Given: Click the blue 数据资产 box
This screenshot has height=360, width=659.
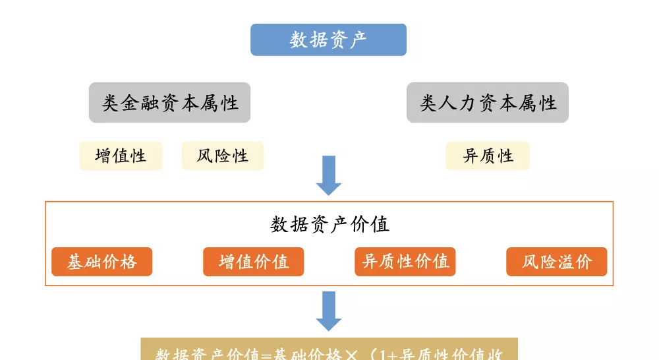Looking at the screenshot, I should (328, 40).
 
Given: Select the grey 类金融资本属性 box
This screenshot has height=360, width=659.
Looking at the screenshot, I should (169, 102).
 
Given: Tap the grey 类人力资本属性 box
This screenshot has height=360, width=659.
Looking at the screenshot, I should (488, 102).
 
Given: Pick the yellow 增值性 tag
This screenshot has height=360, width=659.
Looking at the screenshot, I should (121, 156).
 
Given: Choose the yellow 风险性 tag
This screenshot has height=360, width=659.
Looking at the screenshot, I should (222, 156).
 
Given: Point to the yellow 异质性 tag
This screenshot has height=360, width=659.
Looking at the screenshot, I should (488, 156).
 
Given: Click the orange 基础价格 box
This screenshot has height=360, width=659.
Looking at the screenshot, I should (102, 262).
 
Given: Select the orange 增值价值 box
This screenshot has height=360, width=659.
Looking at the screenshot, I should (254, 262).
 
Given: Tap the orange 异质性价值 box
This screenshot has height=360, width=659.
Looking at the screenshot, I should (405, 262).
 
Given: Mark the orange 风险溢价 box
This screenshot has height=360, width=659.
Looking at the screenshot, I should (557, 262).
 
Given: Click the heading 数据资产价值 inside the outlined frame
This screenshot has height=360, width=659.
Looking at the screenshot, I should (329, 224).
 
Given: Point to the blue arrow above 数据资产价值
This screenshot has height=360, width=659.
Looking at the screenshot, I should (329, 175).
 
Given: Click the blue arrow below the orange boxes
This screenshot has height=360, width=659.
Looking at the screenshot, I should (329, 311).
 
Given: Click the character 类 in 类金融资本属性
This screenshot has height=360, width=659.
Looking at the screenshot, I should (111, 103).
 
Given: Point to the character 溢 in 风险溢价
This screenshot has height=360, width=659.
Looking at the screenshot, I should (566, 262).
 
